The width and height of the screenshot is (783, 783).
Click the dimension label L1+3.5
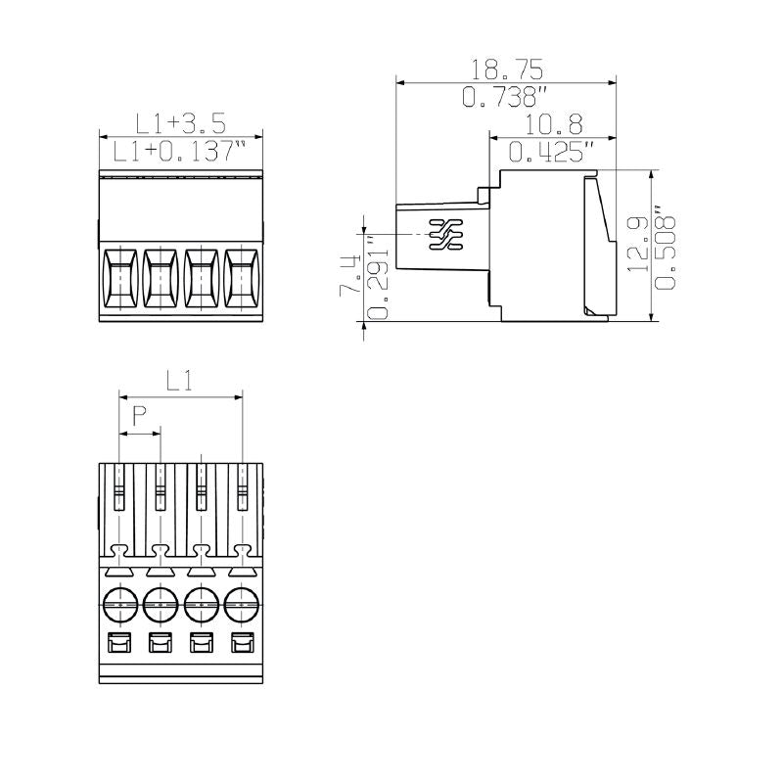[x=181, y=123]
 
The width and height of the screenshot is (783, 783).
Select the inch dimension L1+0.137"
[x=181, y=151]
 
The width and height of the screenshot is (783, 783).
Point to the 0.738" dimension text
[x=505, y=97]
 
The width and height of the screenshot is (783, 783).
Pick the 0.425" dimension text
[x=552, y=152]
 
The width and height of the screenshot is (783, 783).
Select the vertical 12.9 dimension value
[x=638, y=245]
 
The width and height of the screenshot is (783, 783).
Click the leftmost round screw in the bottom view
[x=119, y=606]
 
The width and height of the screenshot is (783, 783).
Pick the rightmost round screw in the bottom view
[x=242, y=606]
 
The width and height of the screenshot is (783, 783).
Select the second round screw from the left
[x=161, y=606]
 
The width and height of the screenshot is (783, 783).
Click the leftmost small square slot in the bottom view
[x=119, y=644]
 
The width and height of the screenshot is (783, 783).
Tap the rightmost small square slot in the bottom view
[x=242, y=644]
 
